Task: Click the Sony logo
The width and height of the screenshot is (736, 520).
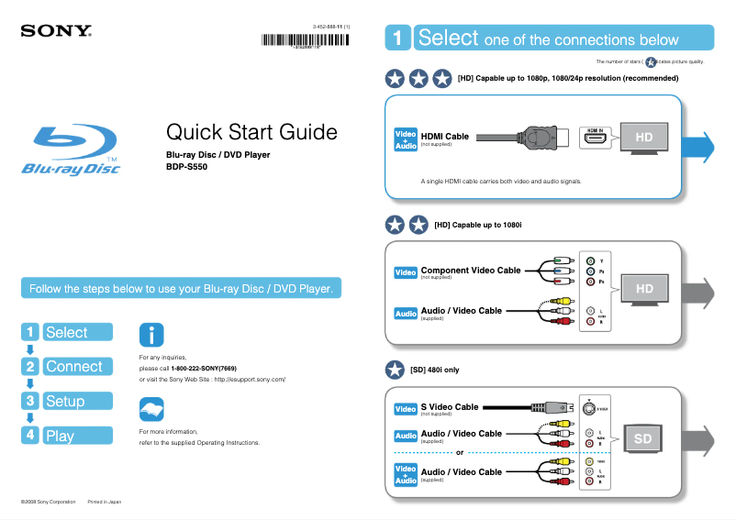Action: pos(56,30)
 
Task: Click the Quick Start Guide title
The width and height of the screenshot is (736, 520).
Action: pos(251,132)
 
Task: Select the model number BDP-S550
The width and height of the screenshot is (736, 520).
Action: pos(186,167)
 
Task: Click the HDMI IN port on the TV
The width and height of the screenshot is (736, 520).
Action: pos(596,138)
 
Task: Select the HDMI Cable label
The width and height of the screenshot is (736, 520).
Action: pos(444,136)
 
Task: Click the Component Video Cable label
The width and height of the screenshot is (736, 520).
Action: pos(470,271)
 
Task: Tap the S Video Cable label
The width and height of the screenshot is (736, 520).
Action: pos(449,406)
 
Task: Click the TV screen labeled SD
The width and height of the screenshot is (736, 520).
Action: pos(642,439)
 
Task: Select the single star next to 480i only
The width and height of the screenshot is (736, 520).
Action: pos(395,370)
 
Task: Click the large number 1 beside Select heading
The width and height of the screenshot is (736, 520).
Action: pos(396,39)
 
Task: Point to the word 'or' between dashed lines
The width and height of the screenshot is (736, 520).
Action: pos(459,452)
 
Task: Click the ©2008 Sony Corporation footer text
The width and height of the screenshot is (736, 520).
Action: pos(49,502)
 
